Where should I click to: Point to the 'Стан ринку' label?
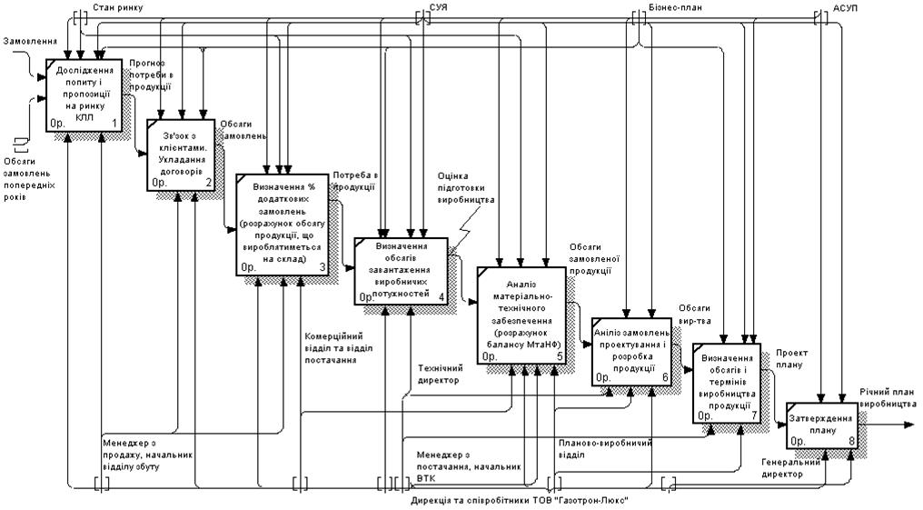tap(117, 7)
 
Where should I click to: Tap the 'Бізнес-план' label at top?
tap(676, 7)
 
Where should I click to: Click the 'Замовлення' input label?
tap(31, 42)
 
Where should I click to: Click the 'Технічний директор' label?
tap(441, 374)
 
